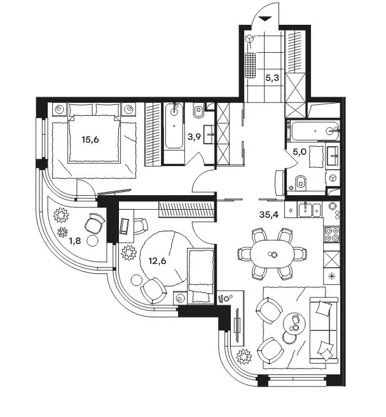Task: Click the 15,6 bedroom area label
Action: (x=90, y=139)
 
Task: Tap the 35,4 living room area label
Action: (x=269, y=214)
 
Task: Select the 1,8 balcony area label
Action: (x=75, y=241)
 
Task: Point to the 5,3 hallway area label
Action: (x=272, y=78)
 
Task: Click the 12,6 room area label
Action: (x=157, y=261)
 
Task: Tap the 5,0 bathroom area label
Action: (x=300, y=152)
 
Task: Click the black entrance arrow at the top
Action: (x=265, y=19)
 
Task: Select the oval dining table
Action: (x=272, y=254)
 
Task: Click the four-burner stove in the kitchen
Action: (x=332, y=234)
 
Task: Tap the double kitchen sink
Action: (x=310, y=210)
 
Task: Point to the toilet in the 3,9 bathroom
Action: (x=198, y=111)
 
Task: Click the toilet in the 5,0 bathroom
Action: (x=301, y=182)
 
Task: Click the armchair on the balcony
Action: (x=95, y=223)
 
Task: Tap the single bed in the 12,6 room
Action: (x=201, y=276)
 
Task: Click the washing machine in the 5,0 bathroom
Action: (x=332, y=178)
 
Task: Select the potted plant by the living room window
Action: (x=244, y=356)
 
